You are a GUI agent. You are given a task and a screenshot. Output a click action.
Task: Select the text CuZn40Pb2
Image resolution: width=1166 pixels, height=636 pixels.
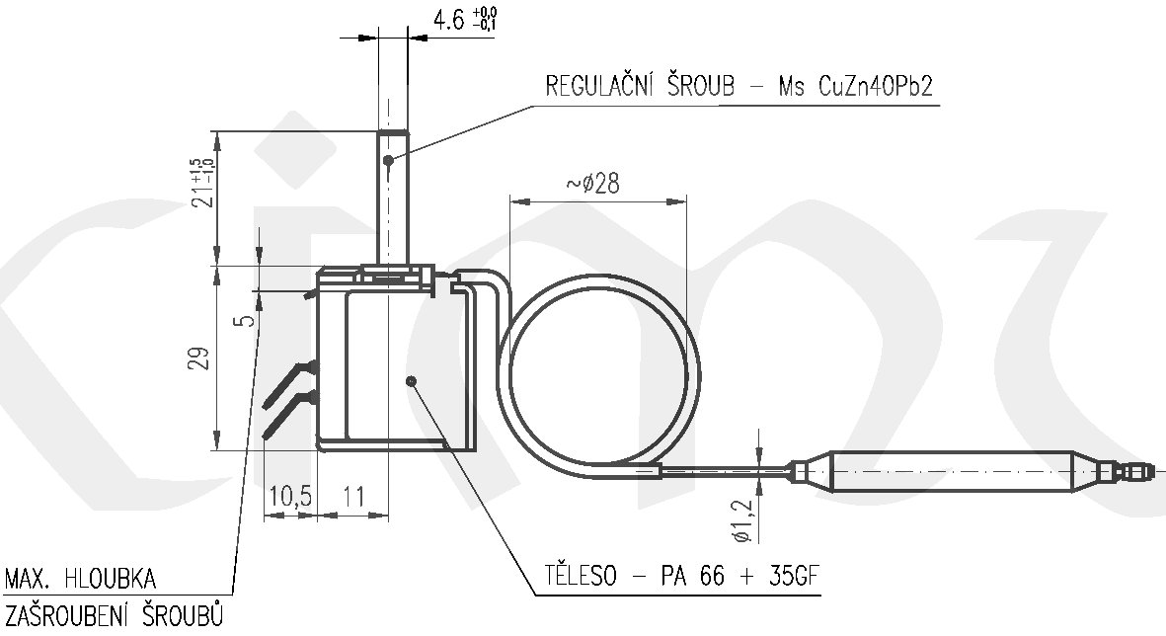(x=875, y=86)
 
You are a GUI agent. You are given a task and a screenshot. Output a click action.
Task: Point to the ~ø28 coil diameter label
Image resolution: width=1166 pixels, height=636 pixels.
(x=592, y=183)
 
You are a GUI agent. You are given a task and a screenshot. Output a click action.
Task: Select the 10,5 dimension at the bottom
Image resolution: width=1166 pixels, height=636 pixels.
(x=290, y=496)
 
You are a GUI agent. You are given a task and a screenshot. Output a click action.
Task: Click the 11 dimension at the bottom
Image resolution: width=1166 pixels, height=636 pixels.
(x=353, y=496)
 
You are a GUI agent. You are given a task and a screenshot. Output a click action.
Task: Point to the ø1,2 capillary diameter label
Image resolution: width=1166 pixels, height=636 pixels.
(x=742, y=519)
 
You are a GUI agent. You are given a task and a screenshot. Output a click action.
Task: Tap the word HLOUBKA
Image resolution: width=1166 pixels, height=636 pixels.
(x=110, y=579)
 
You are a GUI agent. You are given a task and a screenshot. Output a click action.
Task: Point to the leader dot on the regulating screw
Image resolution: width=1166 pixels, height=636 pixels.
(x=388, y=160)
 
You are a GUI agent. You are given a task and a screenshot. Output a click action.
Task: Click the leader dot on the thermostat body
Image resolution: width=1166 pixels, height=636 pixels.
(x=411, y=381)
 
